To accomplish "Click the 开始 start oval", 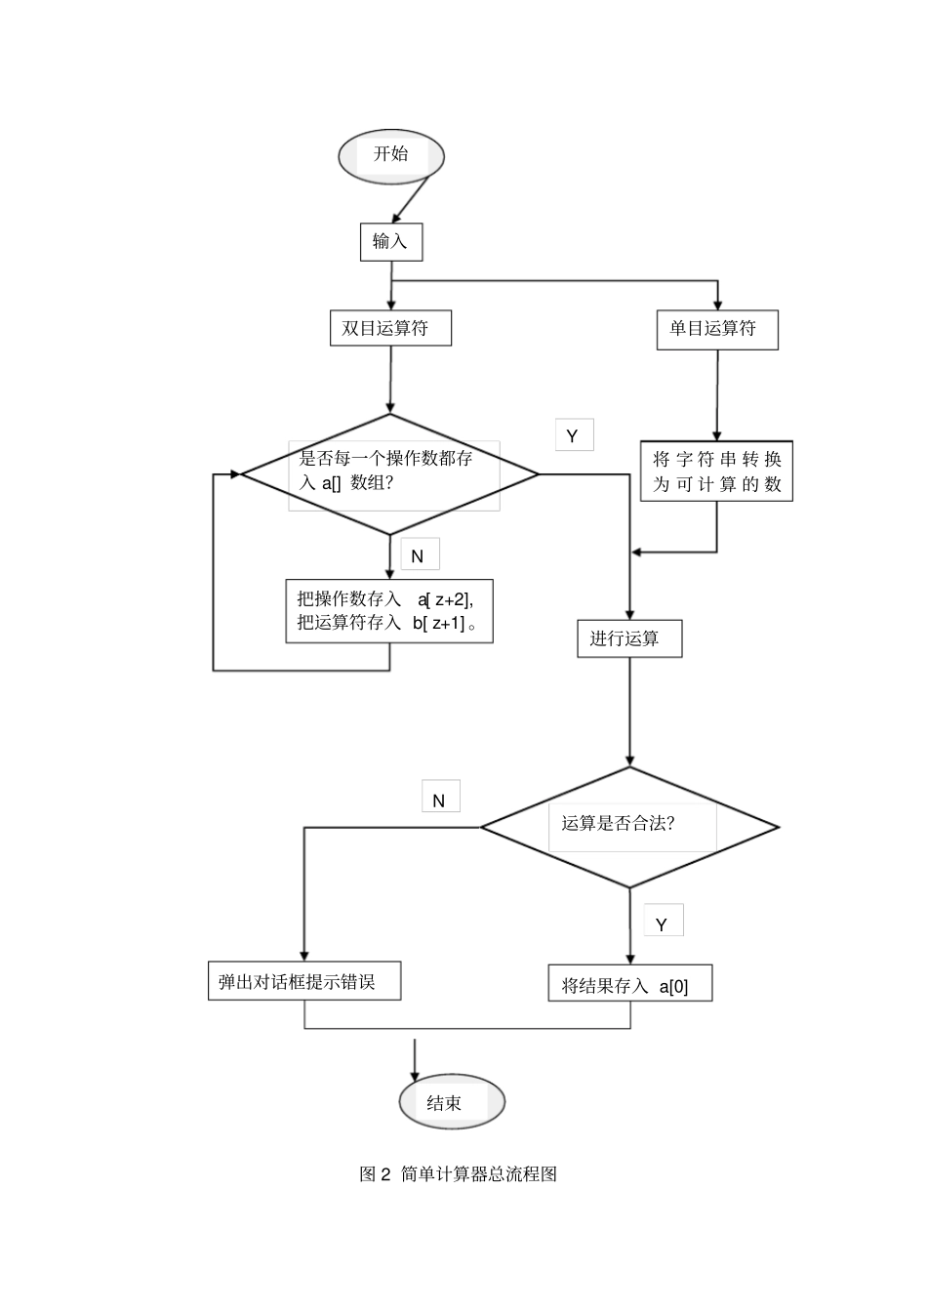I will click(x=391, y=155).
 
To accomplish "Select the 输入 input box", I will click(x=391, y=241).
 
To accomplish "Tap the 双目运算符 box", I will click(x=390, y=328).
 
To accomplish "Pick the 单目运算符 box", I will click(x=717, y=329).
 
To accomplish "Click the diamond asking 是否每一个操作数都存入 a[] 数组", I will click(x=390, y=473).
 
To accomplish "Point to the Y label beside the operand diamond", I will click(x=574, y=435).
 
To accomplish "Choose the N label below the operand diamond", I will click(x=419, y=555).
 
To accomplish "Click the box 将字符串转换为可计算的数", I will click(x=716, y=472).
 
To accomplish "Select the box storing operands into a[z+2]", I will click(x=389, y=611).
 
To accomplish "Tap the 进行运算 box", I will click(x=629, y=638).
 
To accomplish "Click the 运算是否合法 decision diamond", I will click(x=630, y=827).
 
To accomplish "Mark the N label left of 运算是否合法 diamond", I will click(x=439, y=800).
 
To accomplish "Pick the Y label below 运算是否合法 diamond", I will click(x=663, y=923).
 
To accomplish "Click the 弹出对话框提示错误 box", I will click(x=304, y=982).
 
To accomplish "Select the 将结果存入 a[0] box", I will click(x=630, y=984).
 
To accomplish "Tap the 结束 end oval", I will click(x=452, y=1102).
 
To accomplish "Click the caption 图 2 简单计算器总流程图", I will click(x=459, y=1174).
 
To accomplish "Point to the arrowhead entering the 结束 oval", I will click(x=416, y=1076).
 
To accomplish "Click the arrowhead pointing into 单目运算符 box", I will click(x=718, y=305).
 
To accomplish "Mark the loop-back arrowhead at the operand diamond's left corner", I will click(x=235, y=474).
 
